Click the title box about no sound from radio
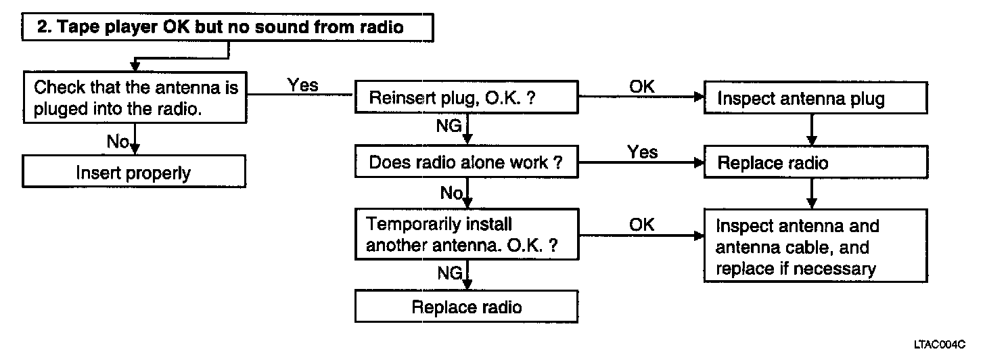tap(227, 27)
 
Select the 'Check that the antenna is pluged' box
tap(135, 97)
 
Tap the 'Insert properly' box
tap(134, 171)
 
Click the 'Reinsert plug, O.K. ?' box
tap(467, 97)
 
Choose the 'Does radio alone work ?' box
tap(467, 162)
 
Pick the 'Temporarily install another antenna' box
tap(467, 234)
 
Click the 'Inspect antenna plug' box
tap(816, 97)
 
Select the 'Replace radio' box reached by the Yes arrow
tap(816, 162)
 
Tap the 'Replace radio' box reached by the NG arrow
tap(467, 307)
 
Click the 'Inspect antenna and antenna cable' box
tap(816, 246)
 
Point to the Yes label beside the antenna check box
tap(302, 85)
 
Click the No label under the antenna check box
tap(118, 141)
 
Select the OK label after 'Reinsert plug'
tap(642, 87)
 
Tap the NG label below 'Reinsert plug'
tap(449, 126)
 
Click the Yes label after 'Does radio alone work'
tap(643, 152)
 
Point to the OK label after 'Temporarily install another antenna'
tap(642, 225)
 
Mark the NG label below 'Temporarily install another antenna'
tap(450, 273)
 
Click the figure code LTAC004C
tap(940, 344)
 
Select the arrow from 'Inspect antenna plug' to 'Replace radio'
tap(812, 130)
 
